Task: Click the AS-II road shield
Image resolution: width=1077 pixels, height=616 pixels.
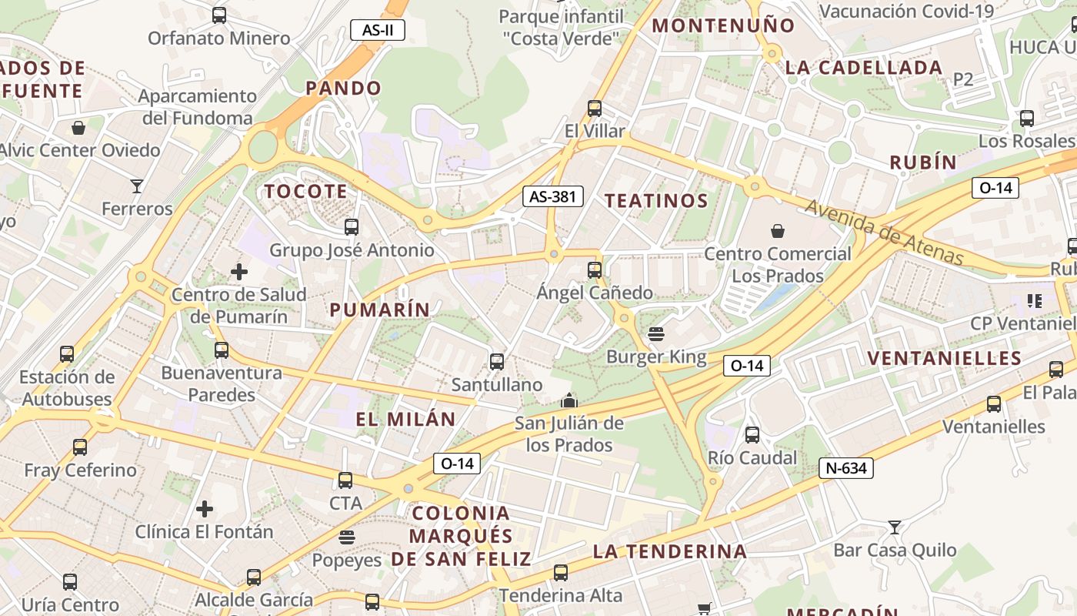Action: coord(377,30)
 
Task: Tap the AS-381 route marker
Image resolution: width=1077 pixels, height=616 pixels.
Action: coord(552,196)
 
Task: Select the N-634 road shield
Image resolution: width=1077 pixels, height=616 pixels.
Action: coord(845,468)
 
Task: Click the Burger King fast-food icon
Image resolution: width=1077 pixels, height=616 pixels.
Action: coord(655,334)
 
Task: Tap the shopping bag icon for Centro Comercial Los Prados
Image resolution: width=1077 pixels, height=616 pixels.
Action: coord(778,230)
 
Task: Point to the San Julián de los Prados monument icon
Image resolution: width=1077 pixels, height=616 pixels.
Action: coord(569,400)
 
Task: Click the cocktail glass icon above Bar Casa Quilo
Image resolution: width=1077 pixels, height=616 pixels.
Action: coord(894,527)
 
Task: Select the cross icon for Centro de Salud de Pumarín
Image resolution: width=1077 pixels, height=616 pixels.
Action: coord(239,271)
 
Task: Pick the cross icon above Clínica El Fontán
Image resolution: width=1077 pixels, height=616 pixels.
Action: coord(204,509)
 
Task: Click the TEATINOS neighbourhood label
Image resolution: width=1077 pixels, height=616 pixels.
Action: coord(655,201)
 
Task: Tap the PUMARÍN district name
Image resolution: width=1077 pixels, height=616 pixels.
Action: coord(380,310)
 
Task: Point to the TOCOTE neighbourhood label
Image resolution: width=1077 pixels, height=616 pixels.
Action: coord(306,191)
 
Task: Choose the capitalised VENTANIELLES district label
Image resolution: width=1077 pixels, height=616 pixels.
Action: coord(944,358)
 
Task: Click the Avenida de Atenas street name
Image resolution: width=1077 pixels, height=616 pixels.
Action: coord(884,231)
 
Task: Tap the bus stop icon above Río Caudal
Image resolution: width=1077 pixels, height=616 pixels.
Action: coord(752,435)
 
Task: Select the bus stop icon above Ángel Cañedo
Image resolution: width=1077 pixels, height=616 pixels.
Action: coord(594,270)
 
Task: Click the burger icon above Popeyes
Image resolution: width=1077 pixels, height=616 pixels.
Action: coord(347,537)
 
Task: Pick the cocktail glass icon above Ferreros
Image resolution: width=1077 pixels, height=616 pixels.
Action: coord(137,186)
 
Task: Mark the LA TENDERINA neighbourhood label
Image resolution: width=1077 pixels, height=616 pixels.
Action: coord(669,551)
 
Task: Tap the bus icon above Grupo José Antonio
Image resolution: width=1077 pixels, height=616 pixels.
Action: coord(352,227)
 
